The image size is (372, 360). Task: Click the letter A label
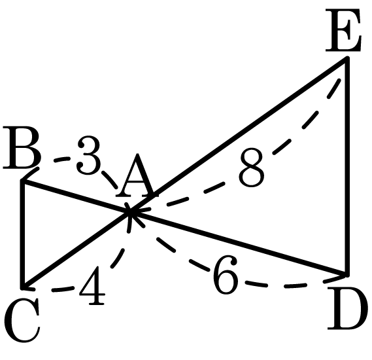[x=137, y=175]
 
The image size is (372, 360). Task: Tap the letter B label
[x=22, y=148]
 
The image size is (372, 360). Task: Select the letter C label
[x=22, y=320]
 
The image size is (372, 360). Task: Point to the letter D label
[x=345, y=309]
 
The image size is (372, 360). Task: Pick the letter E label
[x=343, y=30]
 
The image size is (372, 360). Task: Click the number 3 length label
[x=89, y=156]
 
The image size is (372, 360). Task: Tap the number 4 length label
[x=92, y=286]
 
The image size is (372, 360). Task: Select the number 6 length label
[x=226, y=275]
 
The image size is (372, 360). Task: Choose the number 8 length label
[x=252, y=168]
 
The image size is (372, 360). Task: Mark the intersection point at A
[x=129, y=212]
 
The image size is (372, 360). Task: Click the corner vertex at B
[x=23, y=182]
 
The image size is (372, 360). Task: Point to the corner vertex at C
[x=23, y=288]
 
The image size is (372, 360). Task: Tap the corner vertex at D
[x=347, y=274]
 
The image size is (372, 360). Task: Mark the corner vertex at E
[x=347, y=58]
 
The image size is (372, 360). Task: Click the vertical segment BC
[x=23, y=234]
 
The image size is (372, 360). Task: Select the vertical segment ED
[x=347, y=166]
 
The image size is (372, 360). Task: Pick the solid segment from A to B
[x=76, y=197]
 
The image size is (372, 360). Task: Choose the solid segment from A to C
[x=76, y=250]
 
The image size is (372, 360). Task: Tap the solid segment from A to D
[x=239, y=243]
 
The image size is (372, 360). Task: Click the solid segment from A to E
[x=239, y=135]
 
